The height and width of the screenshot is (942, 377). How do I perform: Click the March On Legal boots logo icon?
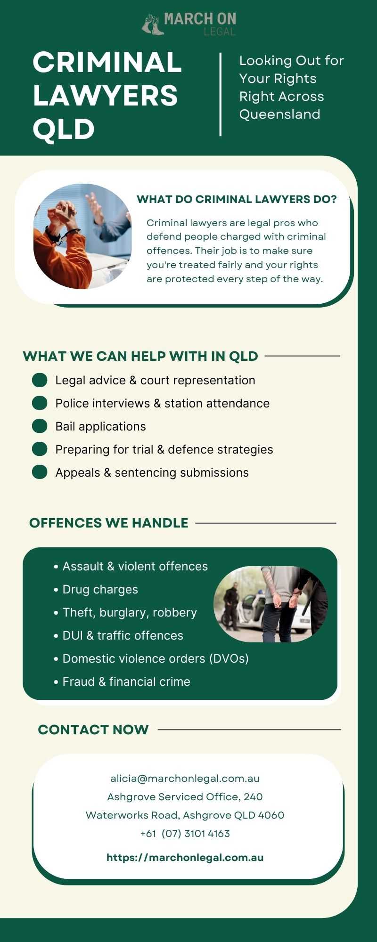click(x=153, y=24)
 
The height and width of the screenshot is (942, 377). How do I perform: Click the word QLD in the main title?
click(x=64, y=129)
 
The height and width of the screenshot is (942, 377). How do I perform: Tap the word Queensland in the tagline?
click(x=279, y=114)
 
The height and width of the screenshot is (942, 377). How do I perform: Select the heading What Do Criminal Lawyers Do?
click(x=237, y=199)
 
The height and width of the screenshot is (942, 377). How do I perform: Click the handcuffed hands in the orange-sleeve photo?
click(x=64, y=221)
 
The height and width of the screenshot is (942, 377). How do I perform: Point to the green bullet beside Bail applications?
click(x=40, y=426)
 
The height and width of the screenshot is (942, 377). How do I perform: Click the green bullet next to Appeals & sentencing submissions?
click(x=40, y=472)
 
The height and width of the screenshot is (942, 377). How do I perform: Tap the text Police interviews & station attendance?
click(x=162, y=403)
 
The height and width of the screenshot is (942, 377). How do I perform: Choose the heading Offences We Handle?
click(x=108, y=523)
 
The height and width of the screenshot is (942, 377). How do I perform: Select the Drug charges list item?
click(x=100, y=590)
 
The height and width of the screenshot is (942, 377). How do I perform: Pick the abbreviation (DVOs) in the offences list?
click(x=229, y=659)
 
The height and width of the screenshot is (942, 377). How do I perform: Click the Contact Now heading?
click(x=93, y=730)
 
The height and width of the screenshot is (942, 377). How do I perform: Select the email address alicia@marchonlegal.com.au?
click(x=185, y=779)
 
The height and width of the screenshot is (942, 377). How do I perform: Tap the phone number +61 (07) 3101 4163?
click(x=185, y=834)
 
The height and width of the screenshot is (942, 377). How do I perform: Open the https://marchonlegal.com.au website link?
click(x=185, y=858)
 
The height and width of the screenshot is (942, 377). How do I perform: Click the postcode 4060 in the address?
click(x=271, y=815)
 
